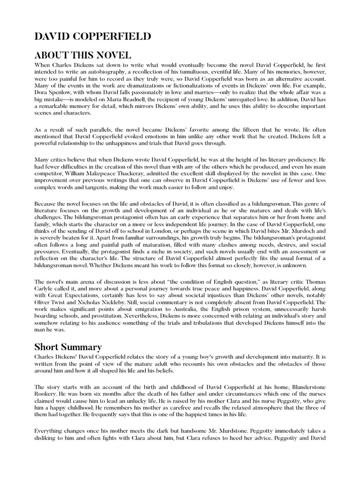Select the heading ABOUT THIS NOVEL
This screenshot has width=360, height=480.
point(82,56)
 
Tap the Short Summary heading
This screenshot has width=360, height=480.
point(68,347)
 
